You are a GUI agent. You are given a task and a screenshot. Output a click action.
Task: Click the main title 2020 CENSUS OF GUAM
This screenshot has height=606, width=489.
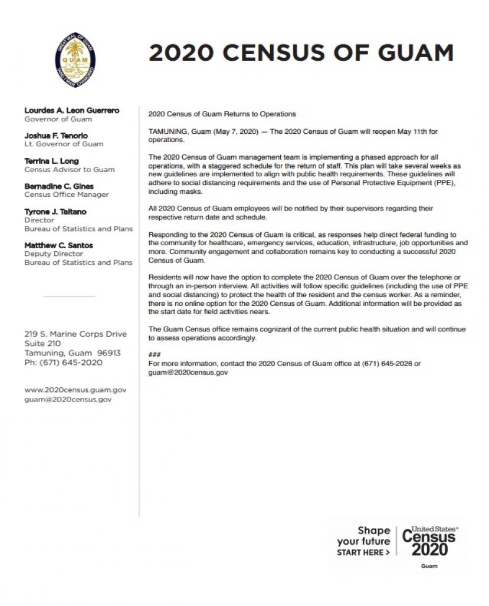(301, 52)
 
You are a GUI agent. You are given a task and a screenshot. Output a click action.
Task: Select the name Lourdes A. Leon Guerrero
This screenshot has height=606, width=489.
(72, 110)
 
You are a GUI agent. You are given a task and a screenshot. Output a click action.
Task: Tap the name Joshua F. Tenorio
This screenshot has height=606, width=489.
(56, 136)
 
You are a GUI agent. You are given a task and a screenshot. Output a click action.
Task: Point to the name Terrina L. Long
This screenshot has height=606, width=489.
(51, 161)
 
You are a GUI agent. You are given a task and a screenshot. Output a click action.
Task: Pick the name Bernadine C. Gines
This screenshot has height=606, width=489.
(59, 186)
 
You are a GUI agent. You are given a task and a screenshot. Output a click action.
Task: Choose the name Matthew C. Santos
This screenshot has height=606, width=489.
(58, 245)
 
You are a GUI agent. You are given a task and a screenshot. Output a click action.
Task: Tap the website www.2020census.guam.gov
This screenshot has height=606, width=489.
(76, 390)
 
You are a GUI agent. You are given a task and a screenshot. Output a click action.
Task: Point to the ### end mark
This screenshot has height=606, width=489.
(155, 355)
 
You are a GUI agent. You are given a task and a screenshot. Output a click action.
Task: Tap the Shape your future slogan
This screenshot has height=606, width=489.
(364, 536)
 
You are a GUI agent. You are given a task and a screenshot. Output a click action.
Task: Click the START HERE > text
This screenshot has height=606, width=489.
(363, 553)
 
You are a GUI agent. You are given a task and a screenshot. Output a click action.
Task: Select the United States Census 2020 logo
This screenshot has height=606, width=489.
(429, 541)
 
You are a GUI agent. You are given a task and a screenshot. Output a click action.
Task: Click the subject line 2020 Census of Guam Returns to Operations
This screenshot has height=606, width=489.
(222, 114)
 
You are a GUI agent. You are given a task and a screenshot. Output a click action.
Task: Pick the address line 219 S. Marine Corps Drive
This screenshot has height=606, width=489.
(76, 334)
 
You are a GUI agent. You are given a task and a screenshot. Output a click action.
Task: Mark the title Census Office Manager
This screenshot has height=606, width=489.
(67, 195)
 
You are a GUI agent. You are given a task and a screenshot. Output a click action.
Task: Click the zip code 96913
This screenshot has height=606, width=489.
(109, 353)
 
